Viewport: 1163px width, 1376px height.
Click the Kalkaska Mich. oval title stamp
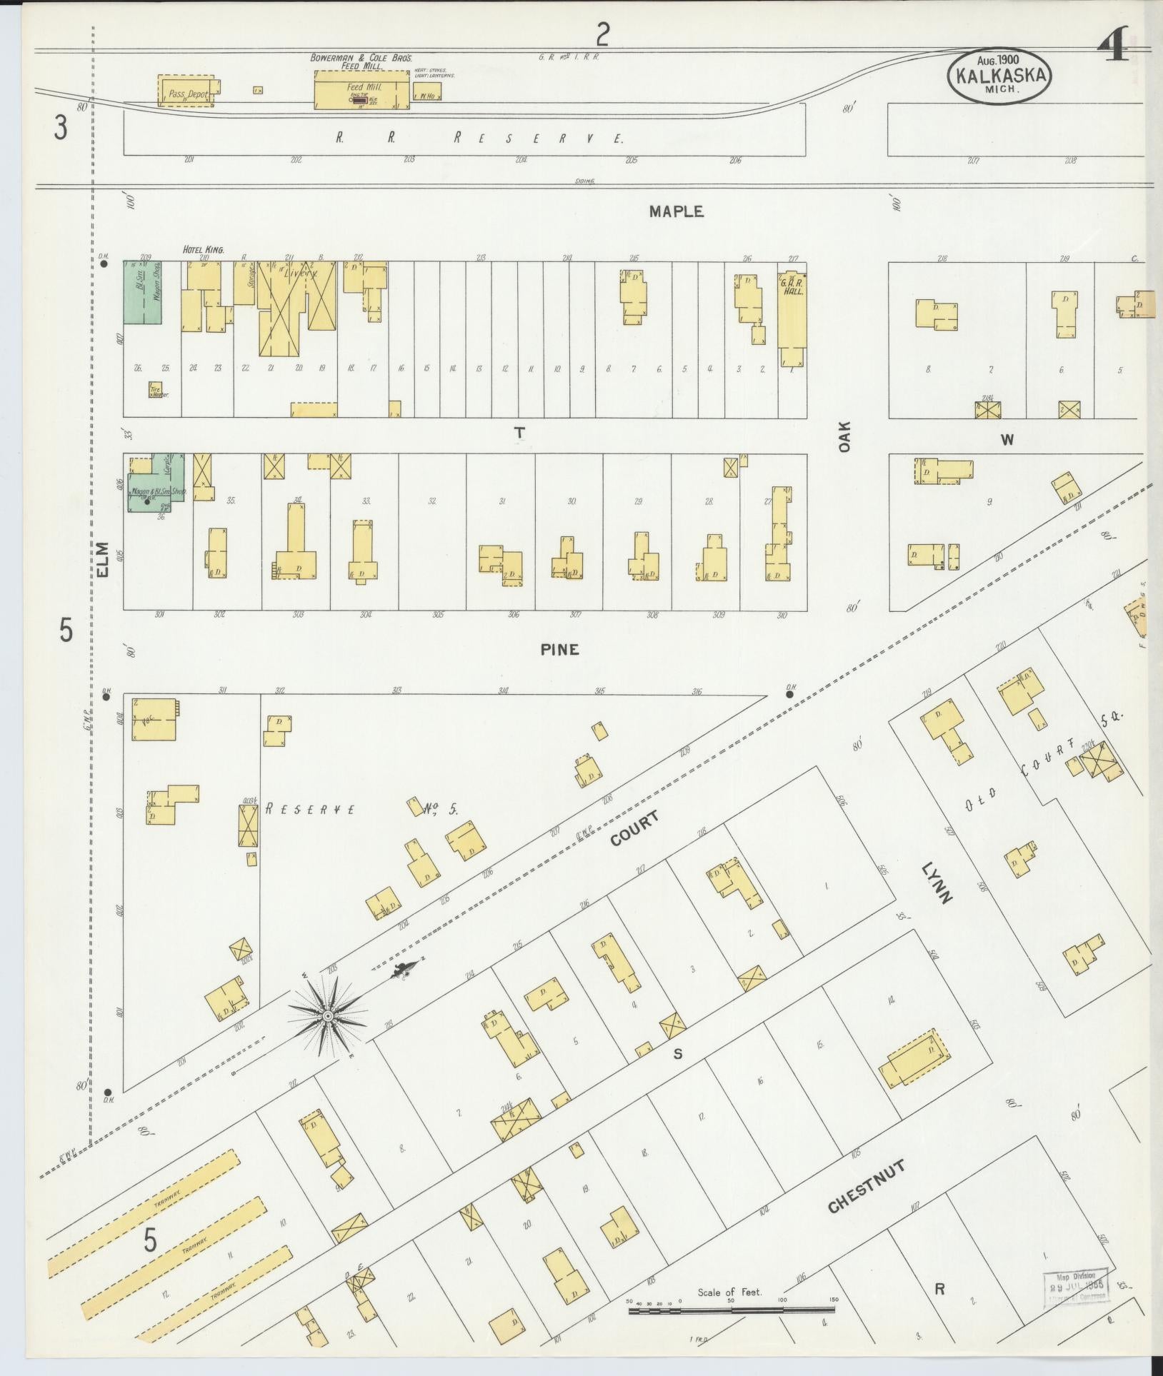click(999, 76)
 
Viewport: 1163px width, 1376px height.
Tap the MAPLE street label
click(676, 211)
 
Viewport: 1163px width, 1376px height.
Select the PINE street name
click(559, 649)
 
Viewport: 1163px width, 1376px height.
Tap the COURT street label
click(634, 828)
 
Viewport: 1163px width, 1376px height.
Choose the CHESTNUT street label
click(867, 1186)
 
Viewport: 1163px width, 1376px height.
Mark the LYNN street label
click(937, 883)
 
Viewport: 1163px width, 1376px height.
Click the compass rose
click(327, 1015)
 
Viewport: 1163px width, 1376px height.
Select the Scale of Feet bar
click(731, 1310)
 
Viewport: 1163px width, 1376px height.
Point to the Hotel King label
click(204, 250)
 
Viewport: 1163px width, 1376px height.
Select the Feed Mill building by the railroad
click(362, 90)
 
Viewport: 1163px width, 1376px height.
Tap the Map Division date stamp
click(1076, 1286)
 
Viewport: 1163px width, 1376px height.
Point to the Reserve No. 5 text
click(361, 809)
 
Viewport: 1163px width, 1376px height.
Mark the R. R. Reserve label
click(479, 138)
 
